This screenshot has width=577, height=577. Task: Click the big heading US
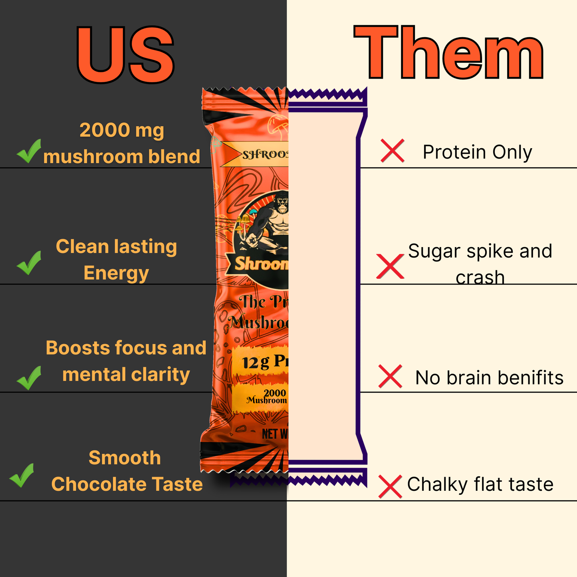tap(125, 55)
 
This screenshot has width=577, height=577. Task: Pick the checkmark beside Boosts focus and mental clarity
tap(29, 378)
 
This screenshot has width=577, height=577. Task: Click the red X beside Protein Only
tap(393, 151)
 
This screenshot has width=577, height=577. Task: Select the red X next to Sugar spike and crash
tap(390, 266)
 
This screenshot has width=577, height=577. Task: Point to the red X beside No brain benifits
tap(390, 376)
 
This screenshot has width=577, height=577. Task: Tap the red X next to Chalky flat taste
tap(390, 486)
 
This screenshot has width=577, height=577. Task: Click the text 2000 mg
tap(122, 130)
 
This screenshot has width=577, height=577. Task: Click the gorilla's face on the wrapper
tap(282, 202)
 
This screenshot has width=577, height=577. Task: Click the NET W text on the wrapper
tap(275, 434)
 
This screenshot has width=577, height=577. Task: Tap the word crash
tap(480, 278)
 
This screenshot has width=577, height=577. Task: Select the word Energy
tap(116, 274)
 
